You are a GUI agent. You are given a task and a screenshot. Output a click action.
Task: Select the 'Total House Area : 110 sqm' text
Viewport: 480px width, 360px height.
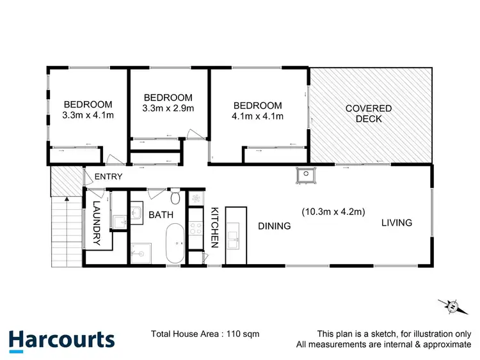(205, 334)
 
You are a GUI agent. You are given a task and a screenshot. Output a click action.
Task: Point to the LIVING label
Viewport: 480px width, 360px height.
(397, 223)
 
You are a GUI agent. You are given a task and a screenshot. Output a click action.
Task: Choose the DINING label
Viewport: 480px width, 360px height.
(275, 226)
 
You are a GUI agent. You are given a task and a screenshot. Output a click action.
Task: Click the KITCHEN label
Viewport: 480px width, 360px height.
(215, 226)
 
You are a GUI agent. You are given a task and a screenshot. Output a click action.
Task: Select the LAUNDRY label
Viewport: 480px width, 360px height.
(97, 223)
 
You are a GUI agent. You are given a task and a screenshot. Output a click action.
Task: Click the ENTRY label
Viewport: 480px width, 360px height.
(108, 176)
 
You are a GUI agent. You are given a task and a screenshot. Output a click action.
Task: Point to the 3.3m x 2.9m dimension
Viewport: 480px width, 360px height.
(168, 107)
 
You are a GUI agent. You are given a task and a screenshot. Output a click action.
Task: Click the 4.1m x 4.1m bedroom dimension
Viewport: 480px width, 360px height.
(257, 116)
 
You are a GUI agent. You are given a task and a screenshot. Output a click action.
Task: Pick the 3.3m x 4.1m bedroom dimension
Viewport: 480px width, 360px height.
(88, 115)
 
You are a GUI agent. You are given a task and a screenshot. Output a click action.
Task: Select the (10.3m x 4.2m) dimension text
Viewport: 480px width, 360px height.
(333, 212)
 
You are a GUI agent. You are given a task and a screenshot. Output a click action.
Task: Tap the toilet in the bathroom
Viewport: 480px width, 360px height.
(175, 195)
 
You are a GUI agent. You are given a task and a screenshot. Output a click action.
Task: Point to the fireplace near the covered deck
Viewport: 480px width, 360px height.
(307, 173)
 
